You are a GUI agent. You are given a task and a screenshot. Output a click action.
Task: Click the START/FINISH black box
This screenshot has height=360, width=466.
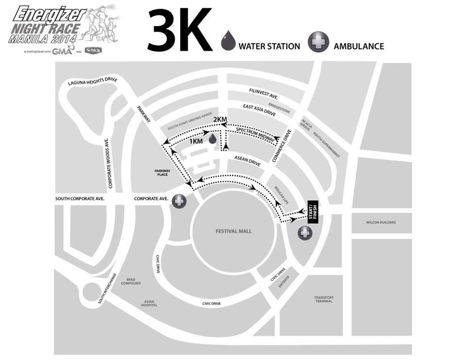(313, 212)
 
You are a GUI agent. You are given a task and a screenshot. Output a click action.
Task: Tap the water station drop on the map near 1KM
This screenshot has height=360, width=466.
(212, 139)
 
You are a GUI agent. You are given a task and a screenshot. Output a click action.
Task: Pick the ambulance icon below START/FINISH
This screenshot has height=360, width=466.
(305, 233)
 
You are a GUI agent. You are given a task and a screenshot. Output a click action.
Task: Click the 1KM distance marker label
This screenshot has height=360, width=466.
(196, 141)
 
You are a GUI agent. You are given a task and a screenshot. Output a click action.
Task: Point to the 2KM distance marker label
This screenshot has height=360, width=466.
(220, 120)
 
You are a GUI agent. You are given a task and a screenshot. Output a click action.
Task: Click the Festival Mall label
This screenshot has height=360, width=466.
(233, 231)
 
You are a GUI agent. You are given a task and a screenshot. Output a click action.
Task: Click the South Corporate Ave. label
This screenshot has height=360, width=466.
(80, 199)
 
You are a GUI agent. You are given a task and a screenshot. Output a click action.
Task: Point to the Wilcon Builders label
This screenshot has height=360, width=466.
(381, 223)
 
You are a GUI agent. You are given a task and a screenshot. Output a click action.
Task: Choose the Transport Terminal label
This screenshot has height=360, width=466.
(324, 299)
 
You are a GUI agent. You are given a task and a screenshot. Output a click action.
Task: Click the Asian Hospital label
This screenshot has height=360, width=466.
(149, 304)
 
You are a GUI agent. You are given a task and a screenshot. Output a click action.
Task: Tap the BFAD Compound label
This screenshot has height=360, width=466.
(131, 281)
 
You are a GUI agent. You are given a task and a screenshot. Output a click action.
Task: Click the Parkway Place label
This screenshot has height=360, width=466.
(161, 172)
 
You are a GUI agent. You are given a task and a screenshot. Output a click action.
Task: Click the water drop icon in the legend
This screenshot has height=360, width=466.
(228, 41)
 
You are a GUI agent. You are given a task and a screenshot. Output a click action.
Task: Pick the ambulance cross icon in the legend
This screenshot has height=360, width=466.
(318, 42)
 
